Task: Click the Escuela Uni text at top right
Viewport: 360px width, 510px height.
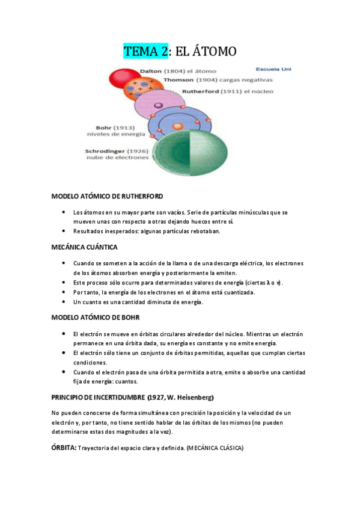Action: (273, 69)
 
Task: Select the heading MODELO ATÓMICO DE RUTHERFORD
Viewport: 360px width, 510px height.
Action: (107, 196)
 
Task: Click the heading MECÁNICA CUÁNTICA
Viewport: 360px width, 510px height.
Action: (84, 247)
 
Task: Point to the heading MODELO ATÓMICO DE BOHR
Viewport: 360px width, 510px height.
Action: (96, 317)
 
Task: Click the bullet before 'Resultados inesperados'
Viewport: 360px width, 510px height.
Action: (64, 231)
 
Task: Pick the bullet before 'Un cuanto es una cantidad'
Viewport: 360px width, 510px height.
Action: (64, 302)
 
